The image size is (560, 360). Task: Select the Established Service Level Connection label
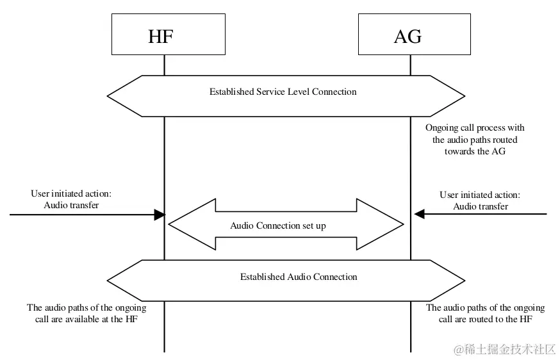click(283, 92)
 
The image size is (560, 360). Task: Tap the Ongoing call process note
click(475, 140)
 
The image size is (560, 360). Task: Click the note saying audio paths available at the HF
click(86, 313)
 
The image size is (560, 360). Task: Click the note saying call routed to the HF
click(485, 313)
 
